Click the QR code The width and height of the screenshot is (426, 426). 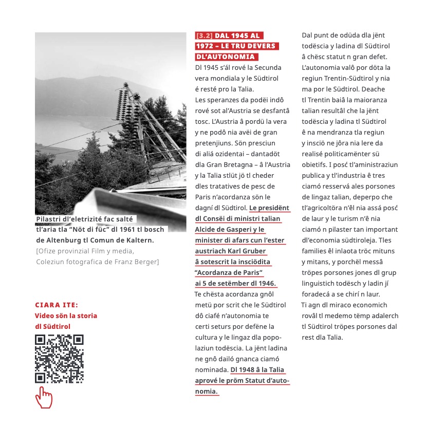pos(59,359)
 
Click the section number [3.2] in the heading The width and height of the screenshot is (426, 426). pos(204,36)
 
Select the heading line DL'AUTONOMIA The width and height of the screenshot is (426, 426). pos(226,57)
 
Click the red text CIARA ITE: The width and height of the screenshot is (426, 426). pos(57,305)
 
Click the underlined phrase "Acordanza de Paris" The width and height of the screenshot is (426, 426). pos(229,273)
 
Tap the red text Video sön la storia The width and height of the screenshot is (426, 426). pos(66,316)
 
